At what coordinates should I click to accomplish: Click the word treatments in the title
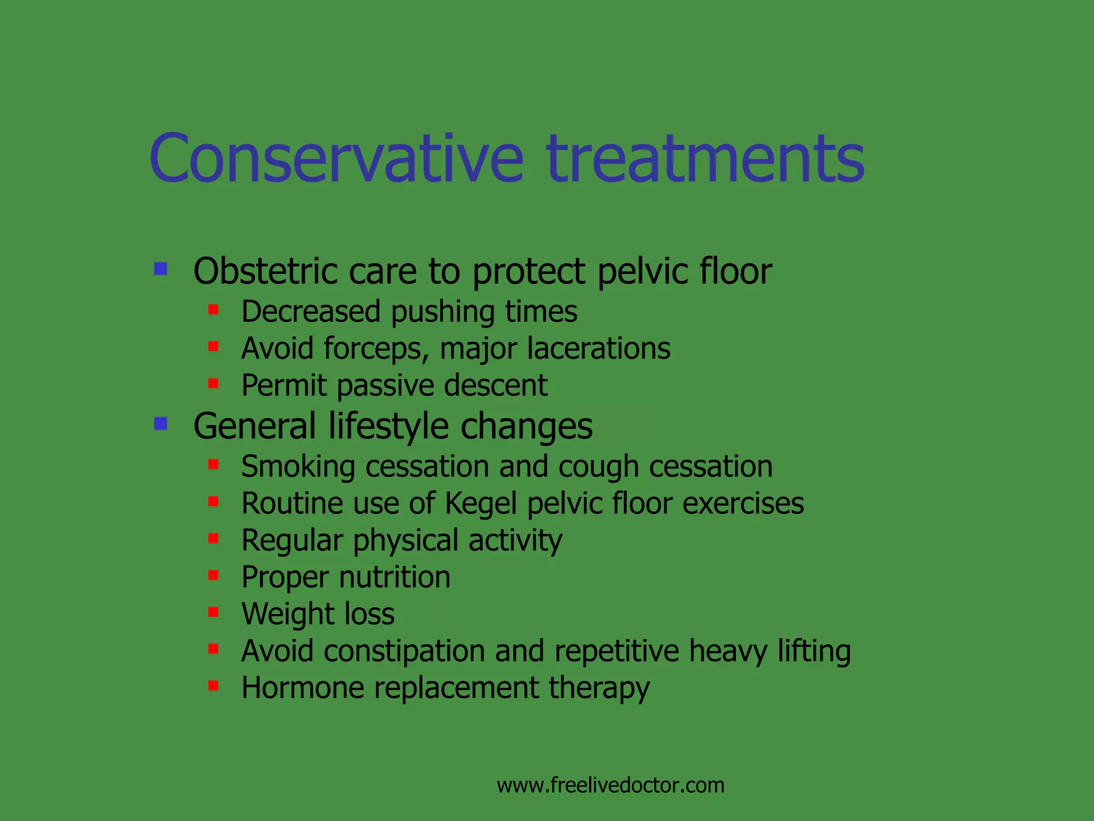pos(705,159)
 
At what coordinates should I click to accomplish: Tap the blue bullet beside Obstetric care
pos(160,268)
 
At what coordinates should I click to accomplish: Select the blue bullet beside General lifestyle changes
pos(160,424)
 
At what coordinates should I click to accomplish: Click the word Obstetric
pos(265,271)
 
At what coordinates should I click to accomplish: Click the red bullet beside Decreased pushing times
pos(213,309)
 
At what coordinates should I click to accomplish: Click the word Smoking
pos(298,467)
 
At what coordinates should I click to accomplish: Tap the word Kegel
pos(481,504)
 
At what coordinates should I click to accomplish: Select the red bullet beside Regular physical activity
pos(213,538)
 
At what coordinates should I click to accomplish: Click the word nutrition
pos(395,577)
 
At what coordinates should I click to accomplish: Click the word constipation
pos(404,652)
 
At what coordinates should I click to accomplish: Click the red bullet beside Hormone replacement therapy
pos(213,686)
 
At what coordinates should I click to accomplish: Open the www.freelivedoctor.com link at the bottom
pos(610,785)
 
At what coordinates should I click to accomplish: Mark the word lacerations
pos(598,348)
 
